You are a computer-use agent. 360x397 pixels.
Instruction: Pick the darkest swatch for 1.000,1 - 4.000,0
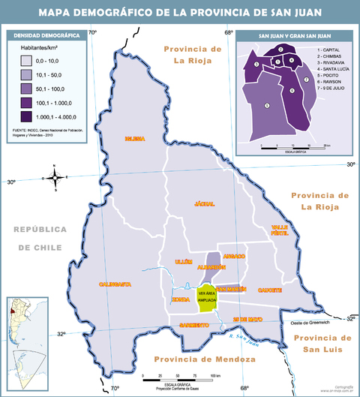click(25, 116)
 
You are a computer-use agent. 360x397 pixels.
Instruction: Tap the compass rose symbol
click(55, 178)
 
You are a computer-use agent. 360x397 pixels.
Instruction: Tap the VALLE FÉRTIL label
click(280, 230)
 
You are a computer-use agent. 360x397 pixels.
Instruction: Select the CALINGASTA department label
click(115, 284)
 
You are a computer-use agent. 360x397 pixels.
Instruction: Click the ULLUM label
click(183, 261)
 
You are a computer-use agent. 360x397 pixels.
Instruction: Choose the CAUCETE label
click(270, 290)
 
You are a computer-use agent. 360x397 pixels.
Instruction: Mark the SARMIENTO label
click(193, 324)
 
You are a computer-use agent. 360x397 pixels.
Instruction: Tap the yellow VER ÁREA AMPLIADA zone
click(206, 296)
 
